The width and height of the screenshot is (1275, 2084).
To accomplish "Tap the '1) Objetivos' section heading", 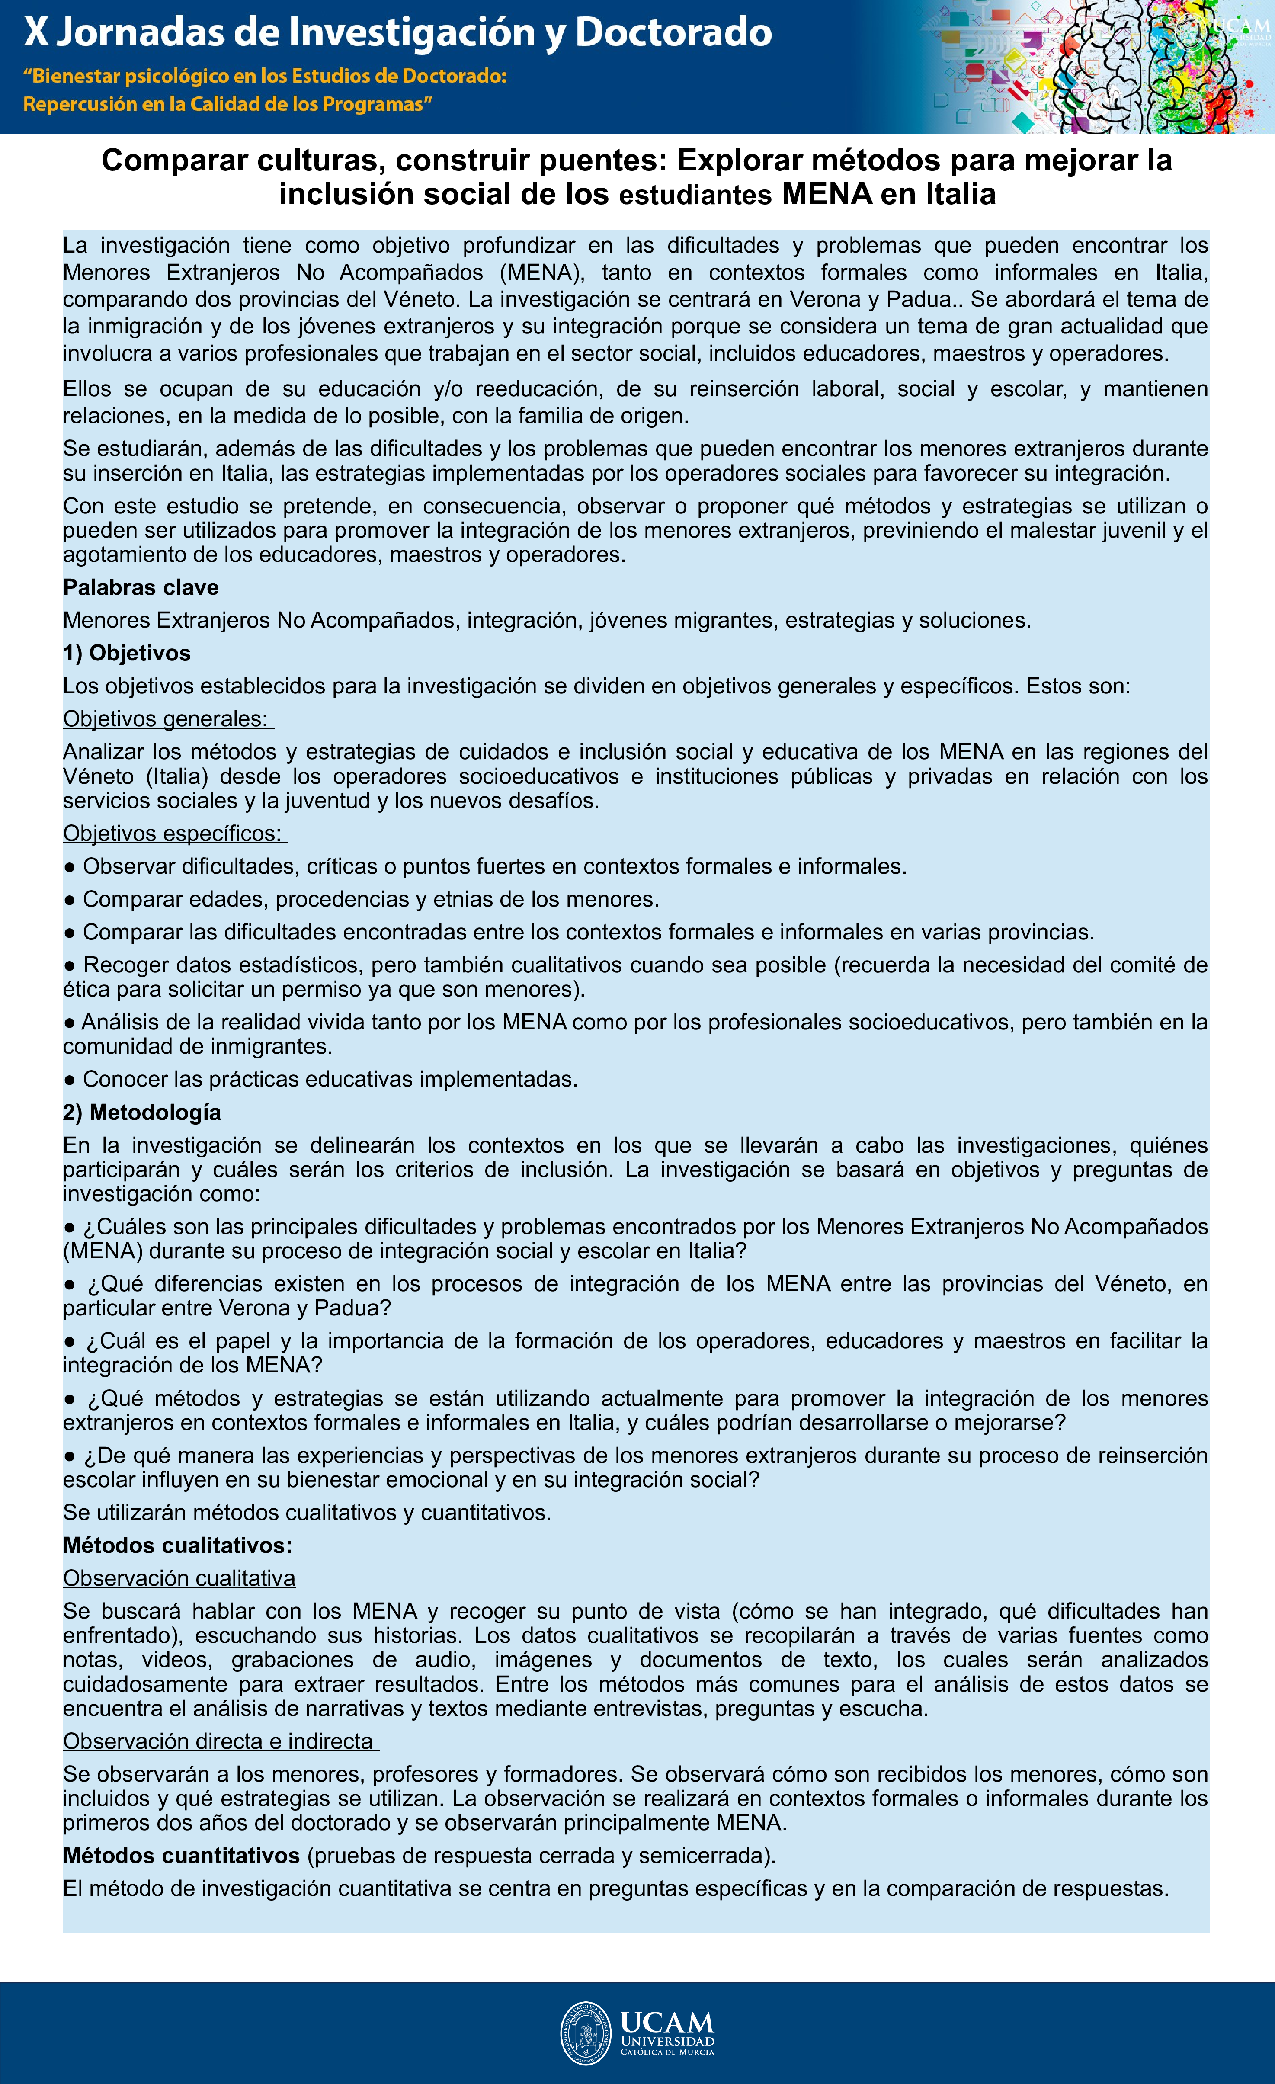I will point(127,653).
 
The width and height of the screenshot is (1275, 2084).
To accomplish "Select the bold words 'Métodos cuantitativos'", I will point(181,1856).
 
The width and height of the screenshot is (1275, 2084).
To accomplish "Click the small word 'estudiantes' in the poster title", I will point(695,196).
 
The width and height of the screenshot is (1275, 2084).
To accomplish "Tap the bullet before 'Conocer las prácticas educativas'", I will point(70,1080).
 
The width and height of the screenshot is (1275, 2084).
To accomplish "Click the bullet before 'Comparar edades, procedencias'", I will point(70,900).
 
